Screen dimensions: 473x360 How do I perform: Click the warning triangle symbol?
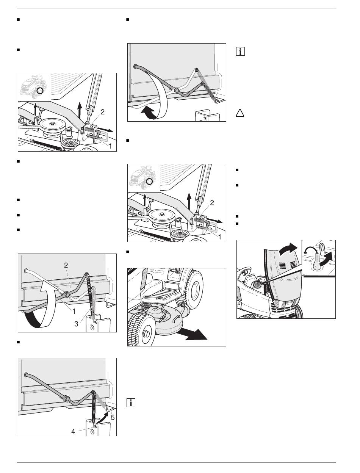point(239,112)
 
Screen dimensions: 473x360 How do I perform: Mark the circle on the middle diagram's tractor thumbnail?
point(150,182)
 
